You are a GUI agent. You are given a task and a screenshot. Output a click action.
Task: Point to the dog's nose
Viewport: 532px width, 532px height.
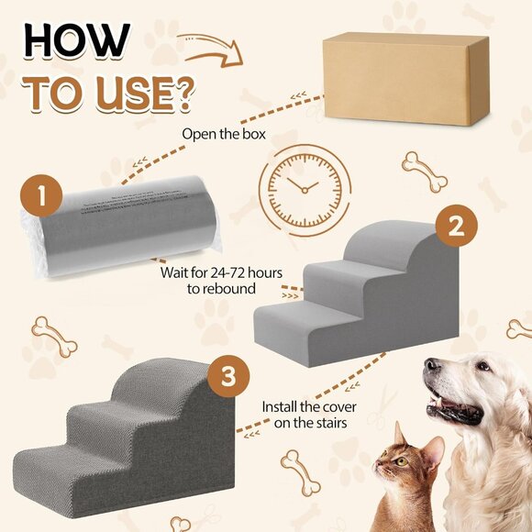[x=432, y=368]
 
